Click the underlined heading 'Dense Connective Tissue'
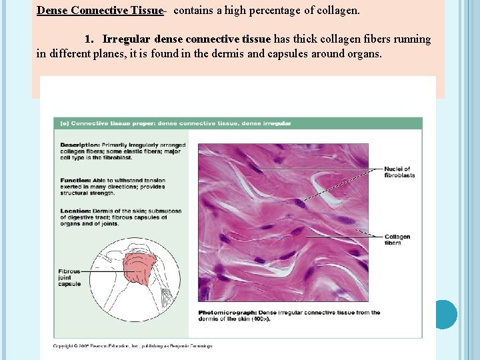[99, 11]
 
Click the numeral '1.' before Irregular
[91, 39]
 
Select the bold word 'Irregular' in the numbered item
[126, 39]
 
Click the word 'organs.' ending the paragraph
[363, 54]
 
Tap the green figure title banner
[237, 123]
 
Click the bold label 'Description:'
[80, 145]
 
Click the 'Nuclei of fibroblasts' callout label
[399, 172]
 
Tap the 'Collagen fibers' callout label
[397, 239]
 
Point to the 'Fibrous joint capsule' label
[69, 277]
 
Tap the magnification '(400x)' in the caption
[260, 319]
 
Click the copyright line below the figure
[133, 346]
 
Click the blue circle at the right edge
[443, 314]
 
